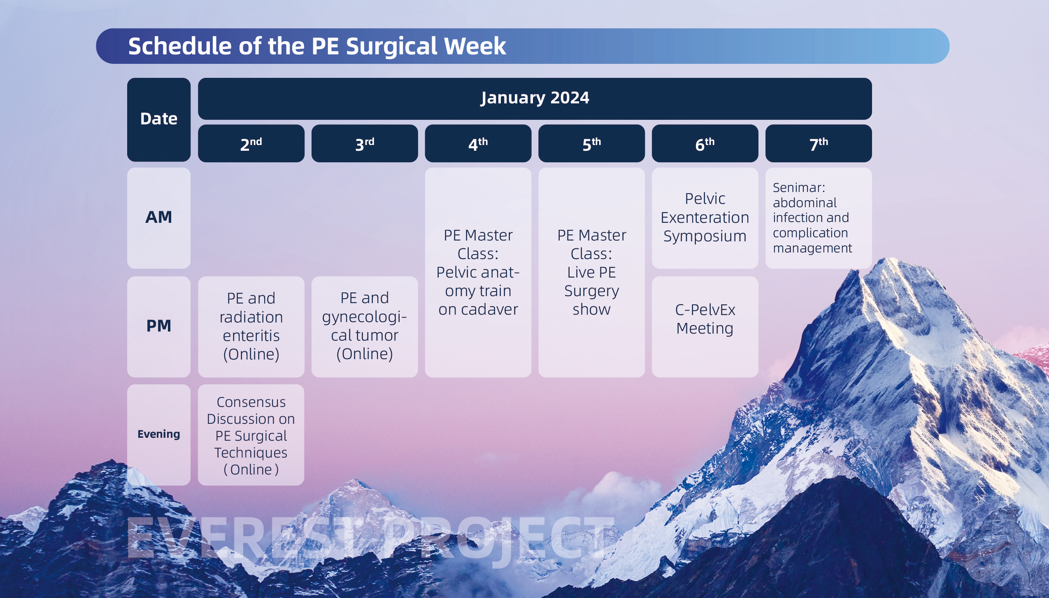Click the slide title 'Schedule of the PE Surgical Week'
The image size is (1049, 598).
click(x=317, y=46)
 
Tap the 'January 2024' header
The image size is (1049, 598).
click(x=535, y=98)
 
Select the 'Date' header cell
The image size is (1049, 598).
click(x=159, y=119)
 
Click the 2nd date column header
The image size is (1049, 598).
click(x=251, y=143)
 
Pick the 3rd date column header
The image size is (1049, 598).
click(x=365, y=143)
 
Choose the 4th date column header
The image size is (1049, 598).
click(x=478, y=143)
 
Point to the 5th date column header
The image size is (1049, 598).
click(x=591, y=143)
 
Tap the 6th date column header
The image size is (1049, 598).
click(x=705, y=143)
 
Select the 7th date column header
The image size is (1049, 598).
click(x=819, y=143)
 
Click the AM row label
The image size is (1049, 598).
click(x=159, y=218)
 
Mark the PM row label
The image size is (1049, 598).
click(x=159, y=327)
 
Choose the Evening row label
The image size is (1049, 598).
click(x=159, y=435)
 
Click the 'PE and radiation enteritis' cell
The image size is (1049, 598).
click(x=251, y=327)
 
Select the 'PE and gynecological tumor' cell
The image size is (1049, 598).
click(x=365, y=327)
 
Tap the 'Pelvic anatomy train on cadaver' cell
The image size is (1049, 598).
click(x=478, y=272)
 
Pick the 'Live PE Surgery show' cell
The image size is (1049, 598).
click(x=591, y=272)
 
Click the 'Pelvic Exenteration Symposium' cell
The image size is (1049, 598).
click(x=705, y=218)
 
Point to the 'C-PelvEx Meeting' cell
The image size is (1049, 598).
click(x=705, y=327)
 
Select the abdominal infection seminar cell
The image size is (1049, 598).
click(x=819, y=218)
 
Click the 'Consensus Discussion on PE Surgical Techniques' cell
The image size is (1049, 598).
click(x=251, y=435)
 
